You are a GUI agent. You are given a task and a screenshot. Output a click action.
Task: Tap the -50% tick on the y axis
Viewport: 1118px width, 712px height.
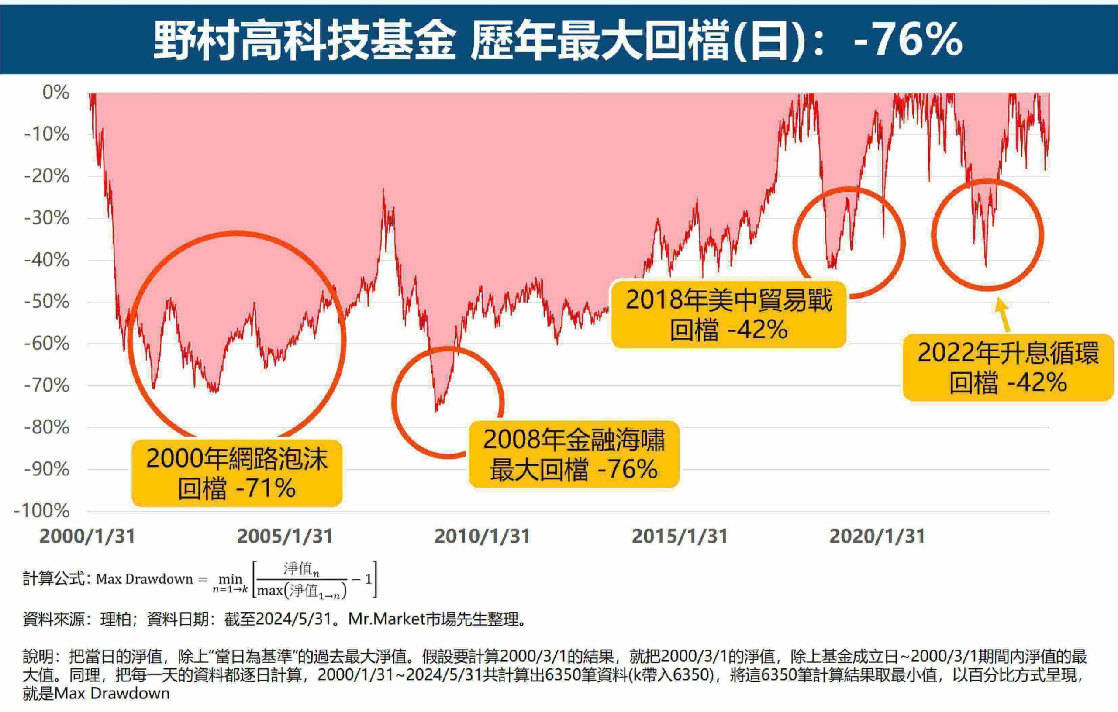pyautogui.click(x=46, y=302)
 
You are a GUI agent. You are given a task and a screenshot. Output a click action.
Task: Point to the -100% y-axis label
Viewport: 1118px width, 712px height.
pyautogui.click(x=42, y=511)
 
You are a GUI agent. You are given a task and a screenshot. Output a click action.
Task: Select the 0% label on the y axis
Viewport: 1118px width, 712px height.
pyautogui.click(x=56, y=93)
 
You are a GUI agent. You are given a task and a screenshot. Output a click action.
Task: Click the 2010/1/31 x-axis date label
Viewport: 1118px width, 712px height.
pyautogui.click(x=482, y=536)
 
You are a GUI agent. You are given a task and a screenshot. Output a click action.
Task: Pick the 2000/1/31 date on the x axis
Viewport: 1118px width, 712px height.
pyautogui.click(x=87, y=536)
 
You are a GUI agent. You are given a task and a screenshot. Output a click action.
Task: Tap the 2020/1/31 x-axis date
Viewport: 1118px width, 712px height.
pyautogui.click(x=877, y=536)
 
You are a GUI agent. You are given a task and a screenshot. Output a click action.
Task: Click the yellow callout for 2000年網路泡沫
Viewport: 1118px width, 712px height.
pyautogui.click(x=237, y=473)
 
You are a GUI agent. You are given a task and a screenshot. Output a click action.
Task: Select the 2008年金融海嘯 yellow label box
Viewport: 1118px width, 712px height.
pyautogui.click(x=574, y=454)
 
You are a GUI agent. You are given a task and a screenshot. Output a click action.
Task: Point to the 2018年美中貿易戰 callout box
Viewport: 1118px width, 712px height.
pyautogui.click(x=728, y=314)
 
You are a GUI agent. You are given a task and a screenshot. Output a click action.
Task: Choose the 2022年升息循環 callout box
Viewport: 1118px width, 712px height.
pyautogui.click(x=1008, y=368)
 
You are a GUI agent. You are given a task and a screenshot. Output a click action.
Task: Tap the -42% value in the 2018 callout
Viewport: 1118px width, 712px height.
pyautogui.click(x=758, y=330)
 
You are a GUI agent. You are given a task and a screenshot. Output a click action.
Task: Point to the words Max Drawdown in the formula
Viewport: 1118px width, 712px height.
pyautogui.click(x=144, y=579)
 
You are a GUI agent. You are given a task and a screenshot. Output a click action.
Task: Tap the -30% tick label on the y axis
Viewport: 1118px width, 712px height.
pyautogui.click(x=46, y=218)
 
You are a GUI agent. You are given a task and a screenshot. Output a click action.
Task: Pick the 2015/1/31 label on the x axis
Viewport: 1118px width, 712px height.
pyautogui.click(x=679, y=536)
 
